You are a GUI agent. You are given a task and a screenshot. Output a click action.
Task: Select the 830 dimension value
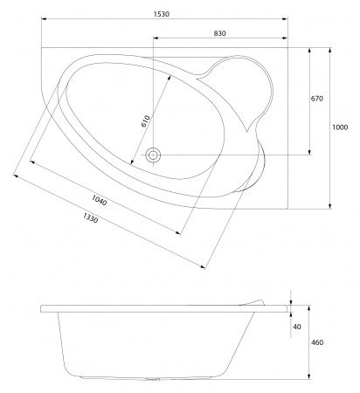coord(219,32)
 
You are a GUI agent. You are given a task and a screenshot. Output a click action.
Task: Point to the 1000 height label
coord(339,128)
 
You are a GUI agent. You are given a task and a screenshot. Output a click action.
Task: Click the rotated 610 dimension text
coord(146,120)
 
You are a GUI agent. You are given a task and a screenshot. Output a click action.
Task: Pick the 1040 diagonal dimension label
coord(99,202)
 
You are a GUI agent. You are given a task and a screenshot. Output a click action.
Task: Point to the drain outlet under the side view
coord(155,380)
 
